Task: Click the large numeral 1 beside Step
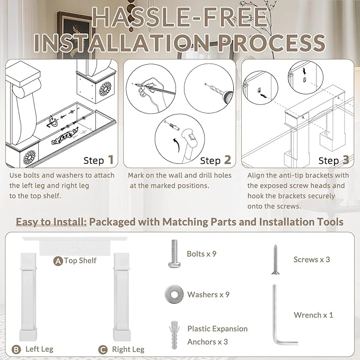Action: pyautogui.click(x=111, y=160)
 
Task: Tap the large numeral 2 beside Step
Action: pyautogui.click(x=227, y=160)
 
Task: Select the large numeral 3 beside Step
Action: pyautogui.click(x=346, y=160)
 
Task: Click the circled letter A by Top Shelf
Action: pyautogui.click(x=58, y=261)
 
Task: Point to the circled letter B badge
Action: pyautogui.click(x=16, y=350)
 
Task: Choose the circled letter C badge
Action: pyautogui.click(x=103, y=350)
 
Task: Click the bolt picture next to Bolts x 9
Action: pyautogui.click(x=174, y=254)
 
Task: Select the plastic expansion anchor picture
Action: pyautogui.click(x=174, y=335)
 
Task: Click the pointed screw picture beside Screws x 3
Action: pyautogui.click(x=275, y=259)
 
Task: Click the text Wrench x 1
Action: pyautogui.click(x=313, y=315)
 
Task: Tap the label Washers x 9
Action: pyautogui.click(x=208, y=295)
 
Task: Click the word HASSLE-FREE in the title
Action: pyautogui.click(x=180, y=17)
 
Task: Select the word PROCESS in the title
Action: pyautogui.click(x=271, y=43)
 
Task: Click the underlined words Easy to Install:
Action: pyautogui.click(x=51, y=222)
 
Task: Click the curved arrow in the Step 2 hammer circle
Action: pyautogui.click(x=177, y=145)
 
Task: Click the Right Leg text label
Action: pyautogui.click(x=128, y=349)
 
